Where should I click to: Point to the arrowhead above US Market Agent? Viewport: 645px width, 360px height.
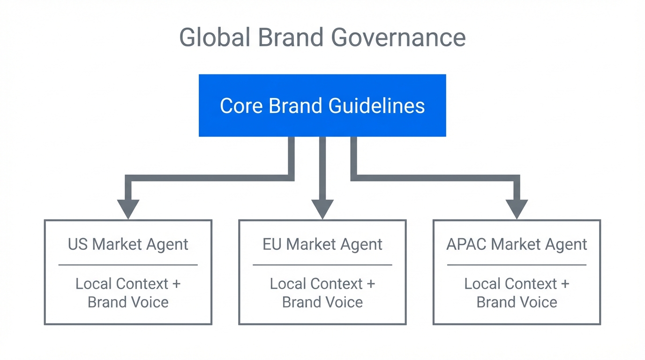(128, 208)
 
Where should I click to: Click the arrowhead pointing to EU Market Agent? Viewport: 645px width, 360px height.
(322, 208)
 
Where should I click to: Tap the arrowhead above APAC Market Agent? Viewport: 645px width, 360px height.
(517, 208)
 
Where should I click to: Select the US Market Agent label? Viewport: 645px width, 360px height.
(128, 244)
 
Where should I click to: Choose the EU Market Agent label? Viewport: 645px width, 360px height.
(322, 244)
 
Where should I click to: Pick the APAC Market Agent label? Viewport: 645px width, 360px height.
(517, 244)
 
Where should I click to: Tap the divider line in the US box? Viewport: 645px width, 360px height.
(128, 265)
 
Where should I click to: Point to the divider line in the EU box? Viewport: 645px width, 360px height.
(322, 265)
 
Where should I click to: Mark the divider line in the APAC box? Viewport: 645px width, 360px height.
(517, 265)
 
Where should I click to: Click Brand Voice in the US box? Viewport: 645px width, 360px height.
(128, 302)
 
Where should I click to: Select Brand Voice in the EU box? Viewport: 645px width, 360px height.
(322, 302)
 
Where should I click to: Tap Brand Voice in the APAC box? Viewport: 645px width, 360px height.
(517, 302)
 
